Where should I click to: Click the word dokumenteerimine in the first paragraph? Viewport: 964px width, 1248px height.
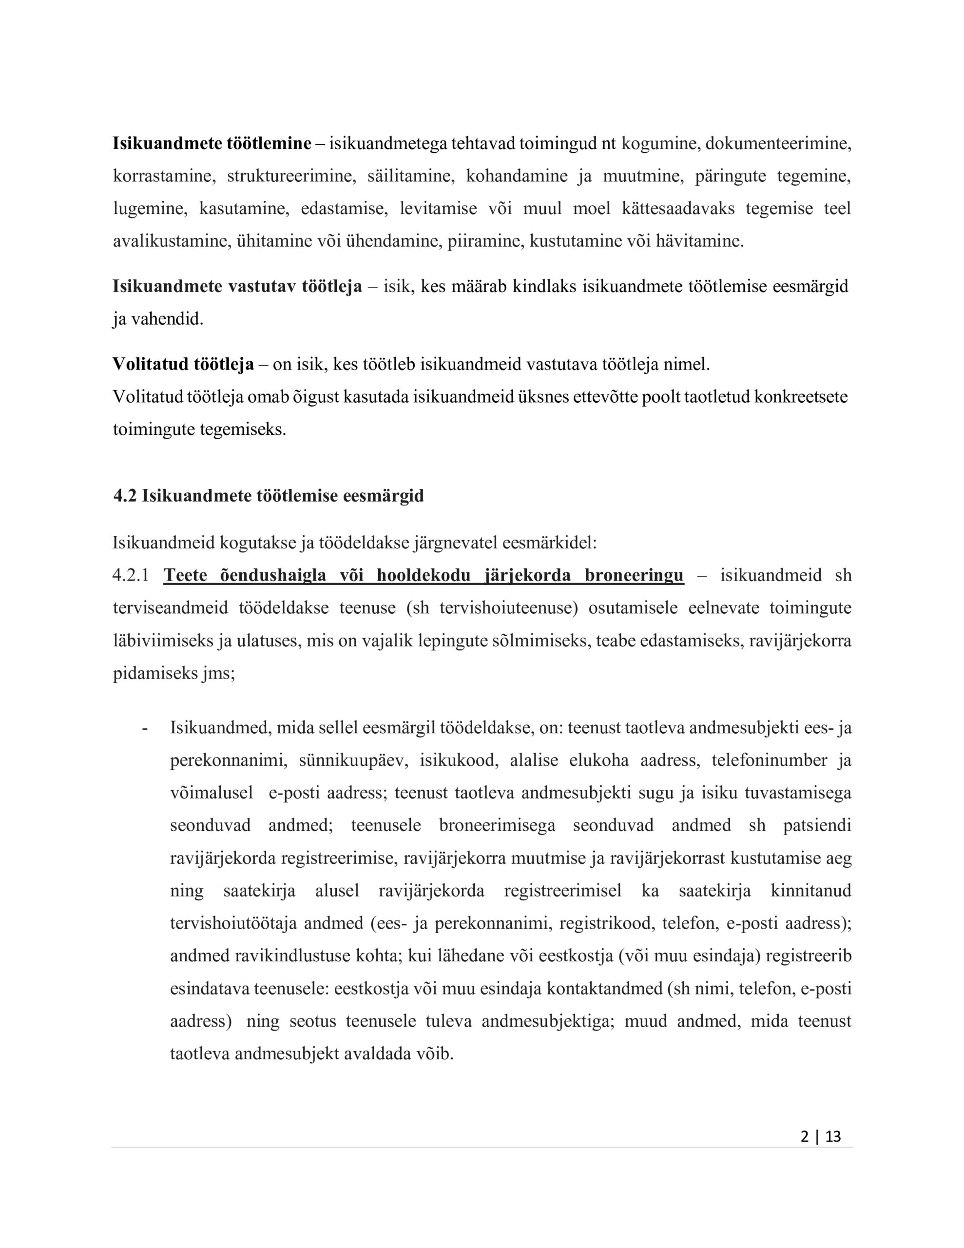pos(778,143)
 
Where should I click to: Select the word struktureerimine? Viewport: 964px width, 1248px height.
pos(291,175)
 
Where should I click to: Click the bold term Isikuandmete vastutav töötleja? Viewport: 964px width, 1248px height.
pos(237,286)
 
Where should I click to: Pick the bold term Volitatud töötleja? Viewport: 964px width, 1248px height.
pos(183,364)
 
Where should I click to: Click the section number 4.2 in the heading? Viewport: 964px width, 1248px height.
pos(125,495)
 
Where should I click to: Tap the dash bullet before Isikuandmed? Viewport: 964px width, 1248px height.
pos(145,728)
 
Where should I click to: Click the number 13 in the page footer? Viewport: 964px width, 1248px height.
pos(833,1136)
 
